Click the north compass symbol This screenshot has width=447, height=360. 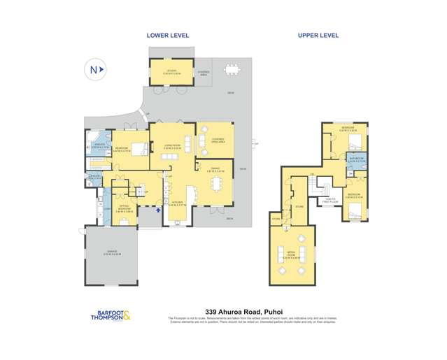(x=95, y=69)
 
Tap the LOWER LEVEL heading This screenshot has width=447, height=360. (x=168, y=35)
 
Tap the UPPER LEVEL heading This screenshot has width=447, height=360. (x=319, y=35)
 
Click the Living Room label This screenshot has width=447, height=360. (x=173, y=147)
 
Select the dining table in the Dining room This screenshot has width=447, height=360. (x=215, y=184)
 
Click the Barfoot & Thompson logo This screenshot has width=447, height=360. (x=113, y=315)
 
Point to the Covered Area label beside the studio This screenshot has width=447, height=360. (x=204, y=72)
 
